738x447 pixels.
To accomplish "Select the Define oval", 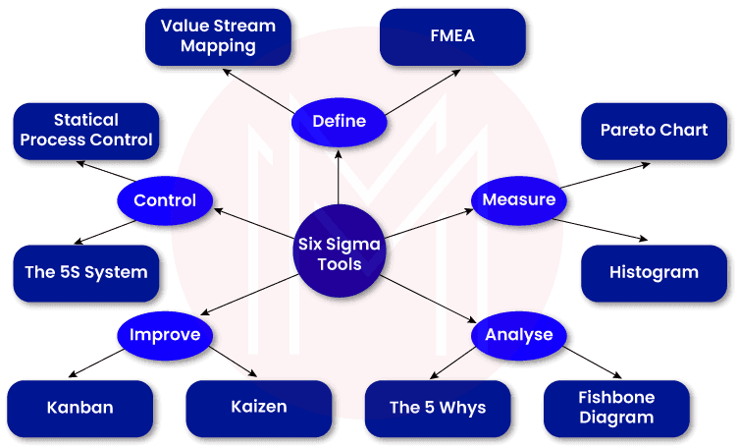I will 339,121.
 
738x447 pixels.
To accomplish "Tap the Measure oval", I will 518,199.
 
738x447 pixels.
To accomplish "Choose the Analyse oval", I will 518,334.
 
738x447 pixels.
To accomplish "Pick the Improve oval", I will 165,334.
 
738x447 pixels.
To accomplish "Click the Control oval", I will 165,200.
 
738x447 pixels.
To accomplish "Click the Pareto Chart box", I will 654,130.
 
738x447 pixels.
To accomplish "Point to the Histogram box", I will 654,272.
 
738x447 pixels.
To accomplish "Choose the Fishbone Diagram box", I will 616,408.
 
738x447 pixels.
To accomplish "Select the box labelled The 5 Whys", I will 438,408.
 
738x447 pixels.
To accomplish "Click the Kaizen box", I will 260,408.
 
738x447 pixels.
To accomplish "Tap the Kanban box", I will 80,408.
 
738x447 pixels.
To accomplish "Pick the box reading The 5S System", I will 86,272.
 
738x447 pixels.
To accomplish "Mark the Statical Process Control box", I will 86,130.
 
